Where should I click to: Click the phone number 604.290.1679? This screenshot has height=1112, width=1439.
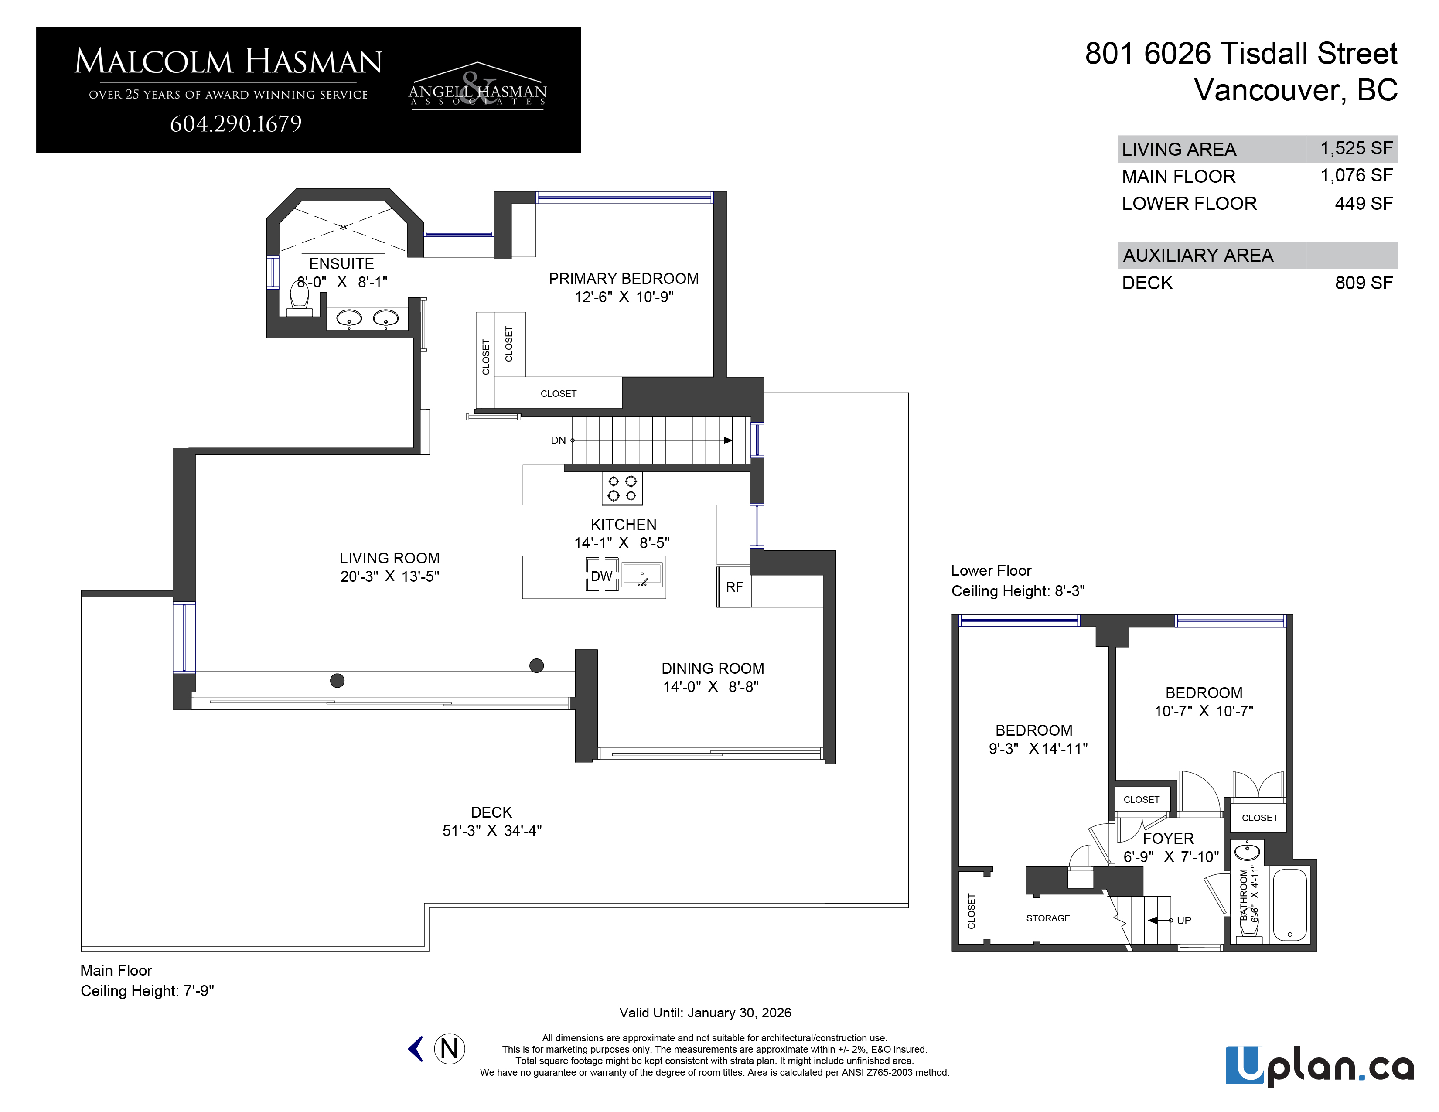pos(236,124)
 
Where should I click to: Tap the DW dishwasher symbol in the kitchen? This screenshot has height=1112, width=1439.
pos(602,574)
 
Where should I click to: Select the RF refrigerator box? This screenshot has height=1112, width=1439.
pos(734,586)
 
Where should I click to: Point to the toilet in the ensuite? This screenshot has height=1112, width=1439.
pos(300,299)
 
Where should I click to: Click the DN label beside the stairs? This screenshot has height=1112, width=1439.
pos(558,440)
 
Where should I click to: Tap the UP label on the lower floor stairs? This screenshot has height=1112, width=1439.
pos(1184,920)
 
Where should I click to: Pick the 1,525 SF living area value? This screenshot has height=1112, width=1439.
pos(1357,148)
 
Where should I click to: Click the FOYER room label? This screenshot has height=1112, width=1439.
pos(1168,839)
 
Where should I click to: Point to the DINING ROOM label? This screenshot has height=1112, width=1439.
pos(713,669)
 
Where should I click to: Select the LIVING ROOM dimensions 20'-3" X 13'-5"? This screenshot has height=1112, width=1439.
pos(389,576)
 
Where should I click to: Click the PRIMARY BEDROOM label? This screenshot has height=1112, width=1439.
pos(624,279)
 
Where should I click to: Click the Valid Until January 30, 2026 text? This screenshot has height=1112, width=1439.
pos(705,1013)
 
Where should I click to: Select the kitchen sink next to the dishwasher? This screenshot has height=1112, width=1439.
pos(642,574)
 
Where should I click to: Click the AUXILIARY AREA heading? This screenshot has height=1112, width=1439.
pos(1198,256)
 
